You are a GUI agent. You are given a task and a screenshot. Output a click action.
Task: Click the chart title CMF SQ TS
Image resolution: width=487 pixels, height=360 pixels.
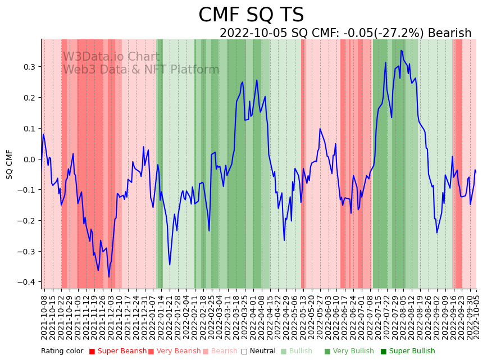coord(251,15)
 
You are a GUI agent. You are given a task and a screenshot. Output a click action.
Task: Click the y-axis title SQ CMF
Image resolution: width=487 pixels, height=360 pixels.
coord(10,164)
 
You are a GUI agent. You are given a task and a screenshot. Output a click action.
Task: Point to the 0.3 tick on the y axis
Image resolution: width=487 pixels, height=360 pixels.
coord(29,67)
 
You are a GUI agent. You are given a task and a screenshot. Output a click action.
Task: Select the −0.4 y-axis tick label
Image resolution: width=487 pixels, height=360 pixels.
coord(27,282)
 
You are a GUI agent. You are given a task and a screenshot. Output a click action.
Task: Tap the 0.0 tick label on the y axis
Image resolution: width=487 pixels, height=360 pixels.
coord(29,159)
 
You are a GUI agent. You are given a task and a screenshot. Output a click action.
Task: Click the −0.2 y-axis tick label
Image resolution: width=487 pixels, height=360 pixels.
coord(27,221)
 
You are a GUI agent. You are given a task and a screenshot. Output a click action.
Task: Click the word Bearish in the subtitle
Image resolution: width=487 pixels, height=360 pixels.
coord(449,33)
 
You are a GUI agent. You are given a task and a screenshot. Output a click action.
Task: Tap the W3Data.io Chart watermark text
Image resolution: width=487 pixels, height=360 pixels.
coord(111,57)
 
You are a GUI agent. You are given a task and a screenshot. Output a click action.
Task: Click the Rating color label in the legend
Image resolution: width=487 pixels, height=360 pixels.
coord(62,351)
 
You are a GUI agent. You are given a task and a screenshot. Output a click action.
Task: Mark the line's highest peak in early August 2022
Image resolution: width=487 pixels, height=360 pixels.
coord(401,51)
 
